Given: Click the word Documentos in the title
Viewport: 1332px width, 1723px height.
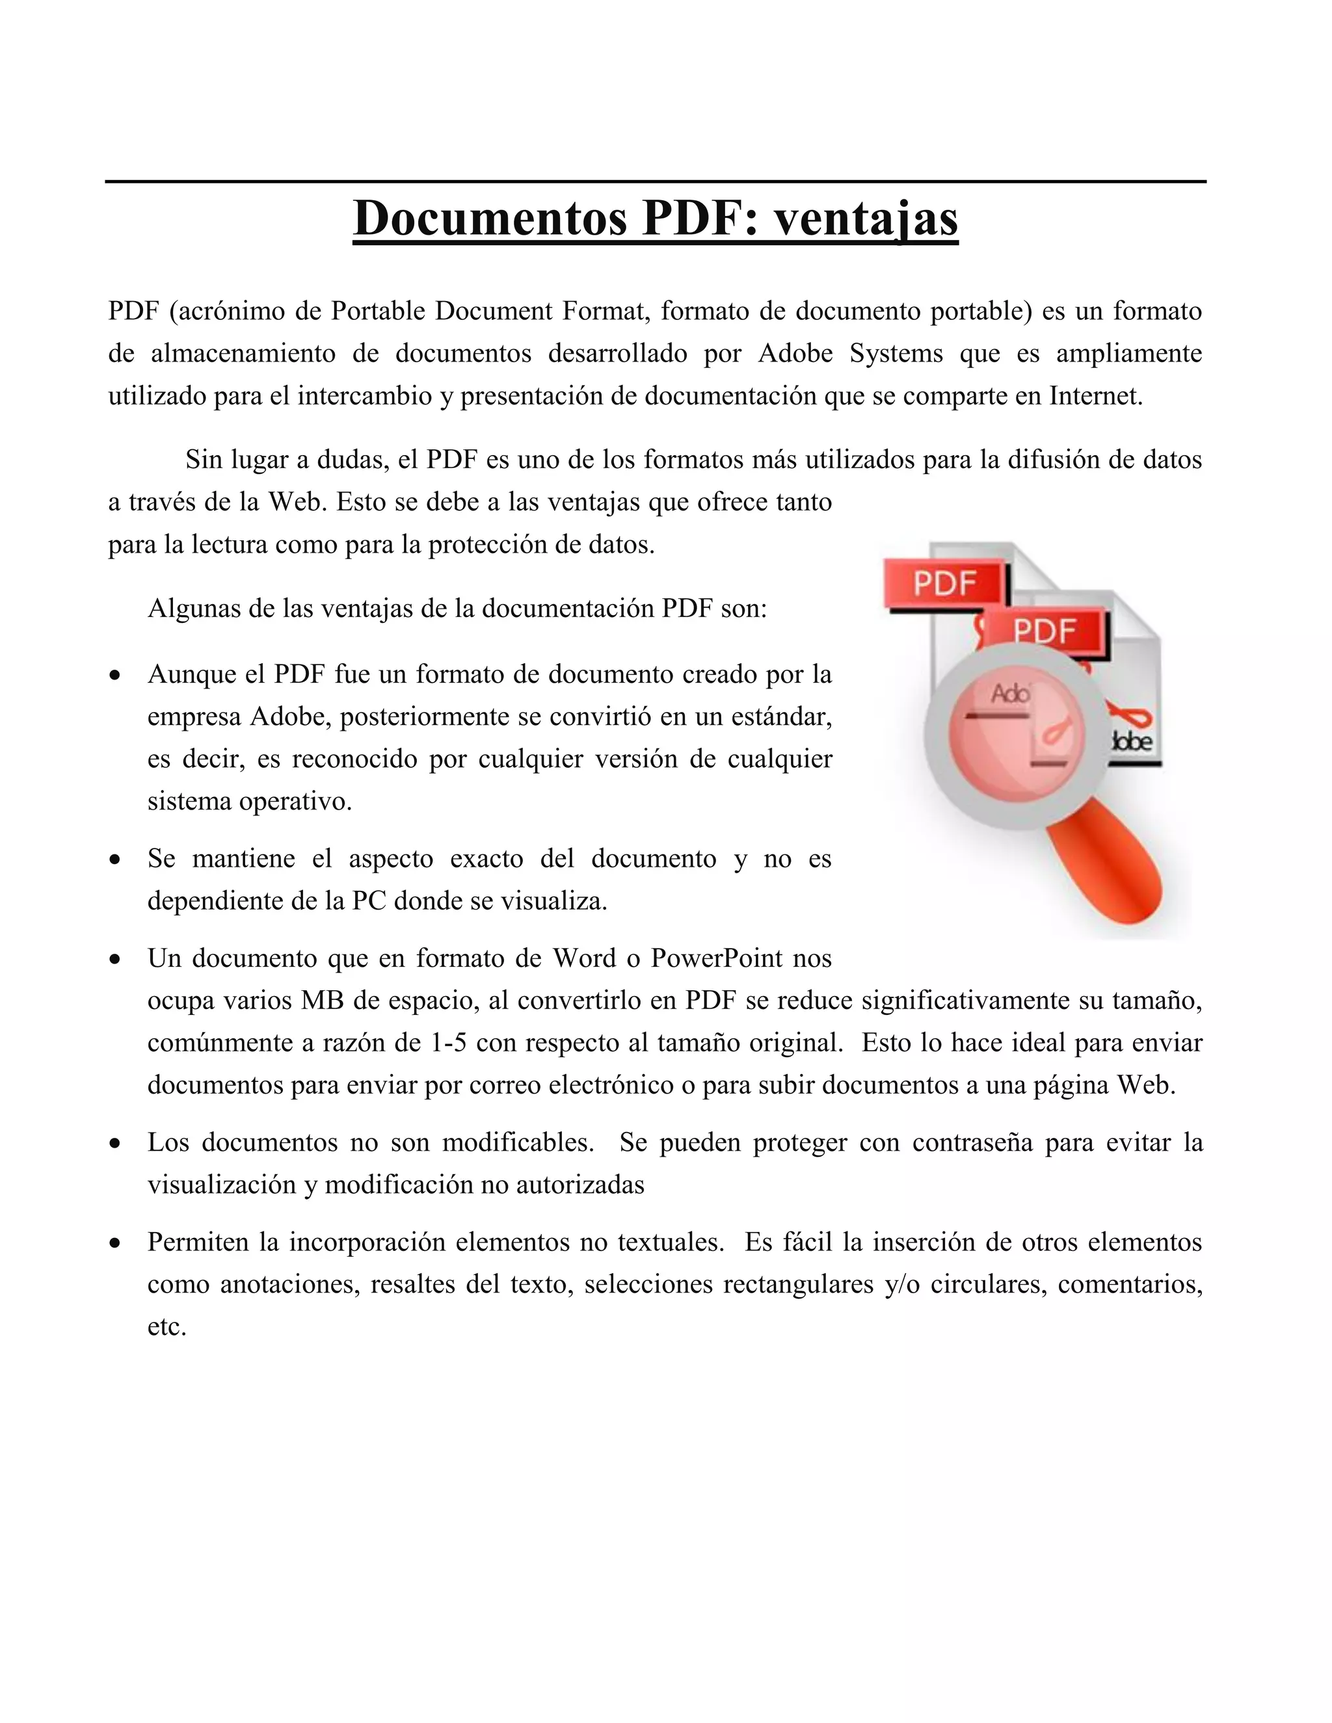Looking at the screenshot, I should pos(489,218).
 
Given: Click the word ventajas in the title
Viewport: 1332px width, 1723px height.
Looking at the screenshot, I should pos(866,218).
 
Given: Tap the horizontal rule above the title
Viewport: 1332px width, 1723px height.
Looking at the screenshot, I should pos(655,181).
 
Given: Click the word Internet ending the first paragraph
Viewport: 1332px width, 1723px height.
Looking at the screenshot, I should pos(1095,395).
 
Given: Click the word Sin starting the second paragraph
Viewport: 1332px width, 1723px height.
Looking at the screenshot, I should pos(204,458).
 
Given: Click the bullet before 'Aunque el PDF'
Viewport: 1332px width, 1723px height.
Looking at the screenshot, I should pos(116,676).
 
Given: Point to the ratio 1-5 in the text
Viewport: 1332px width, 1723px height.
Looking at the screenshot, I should pos(448,1043).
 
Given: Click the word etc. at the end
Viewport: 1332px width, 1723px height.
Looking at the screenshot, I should pos(166,1327).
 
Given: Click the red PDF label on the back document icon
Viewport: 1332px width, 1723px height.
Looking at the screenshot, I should pos(945,584).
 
